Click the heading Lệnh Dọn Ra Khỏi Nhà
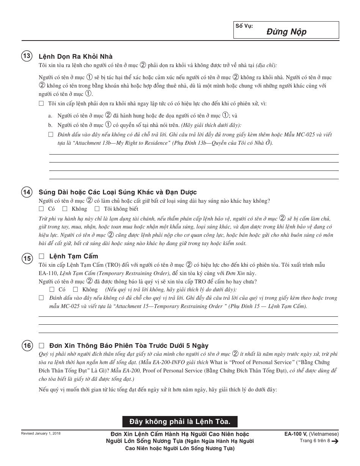tap(76, 57)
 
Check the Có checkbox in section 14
tap(41, 209)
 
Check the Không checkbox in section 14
tap(65, 209)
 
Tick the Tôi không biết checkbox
tap(97, 209)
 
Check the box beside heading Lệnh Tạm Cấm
tap(42, 256)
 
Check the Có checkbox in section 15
tap(52, 289)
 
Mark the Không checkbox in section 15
tap(75, 289)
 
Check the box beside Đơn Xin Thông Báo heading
tap(42, 346)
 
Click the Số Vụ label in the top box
tap(244, 26)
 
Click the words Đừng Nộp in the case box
tap(286, 32)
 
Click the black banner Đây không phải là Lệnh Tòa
tap(180, 421)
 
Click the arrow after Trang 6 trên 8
tap(335, 441)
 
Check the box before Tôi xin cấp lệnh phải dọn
tap(41, 103)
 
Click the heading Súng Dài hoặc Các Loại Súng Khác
tap(118, 192)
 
